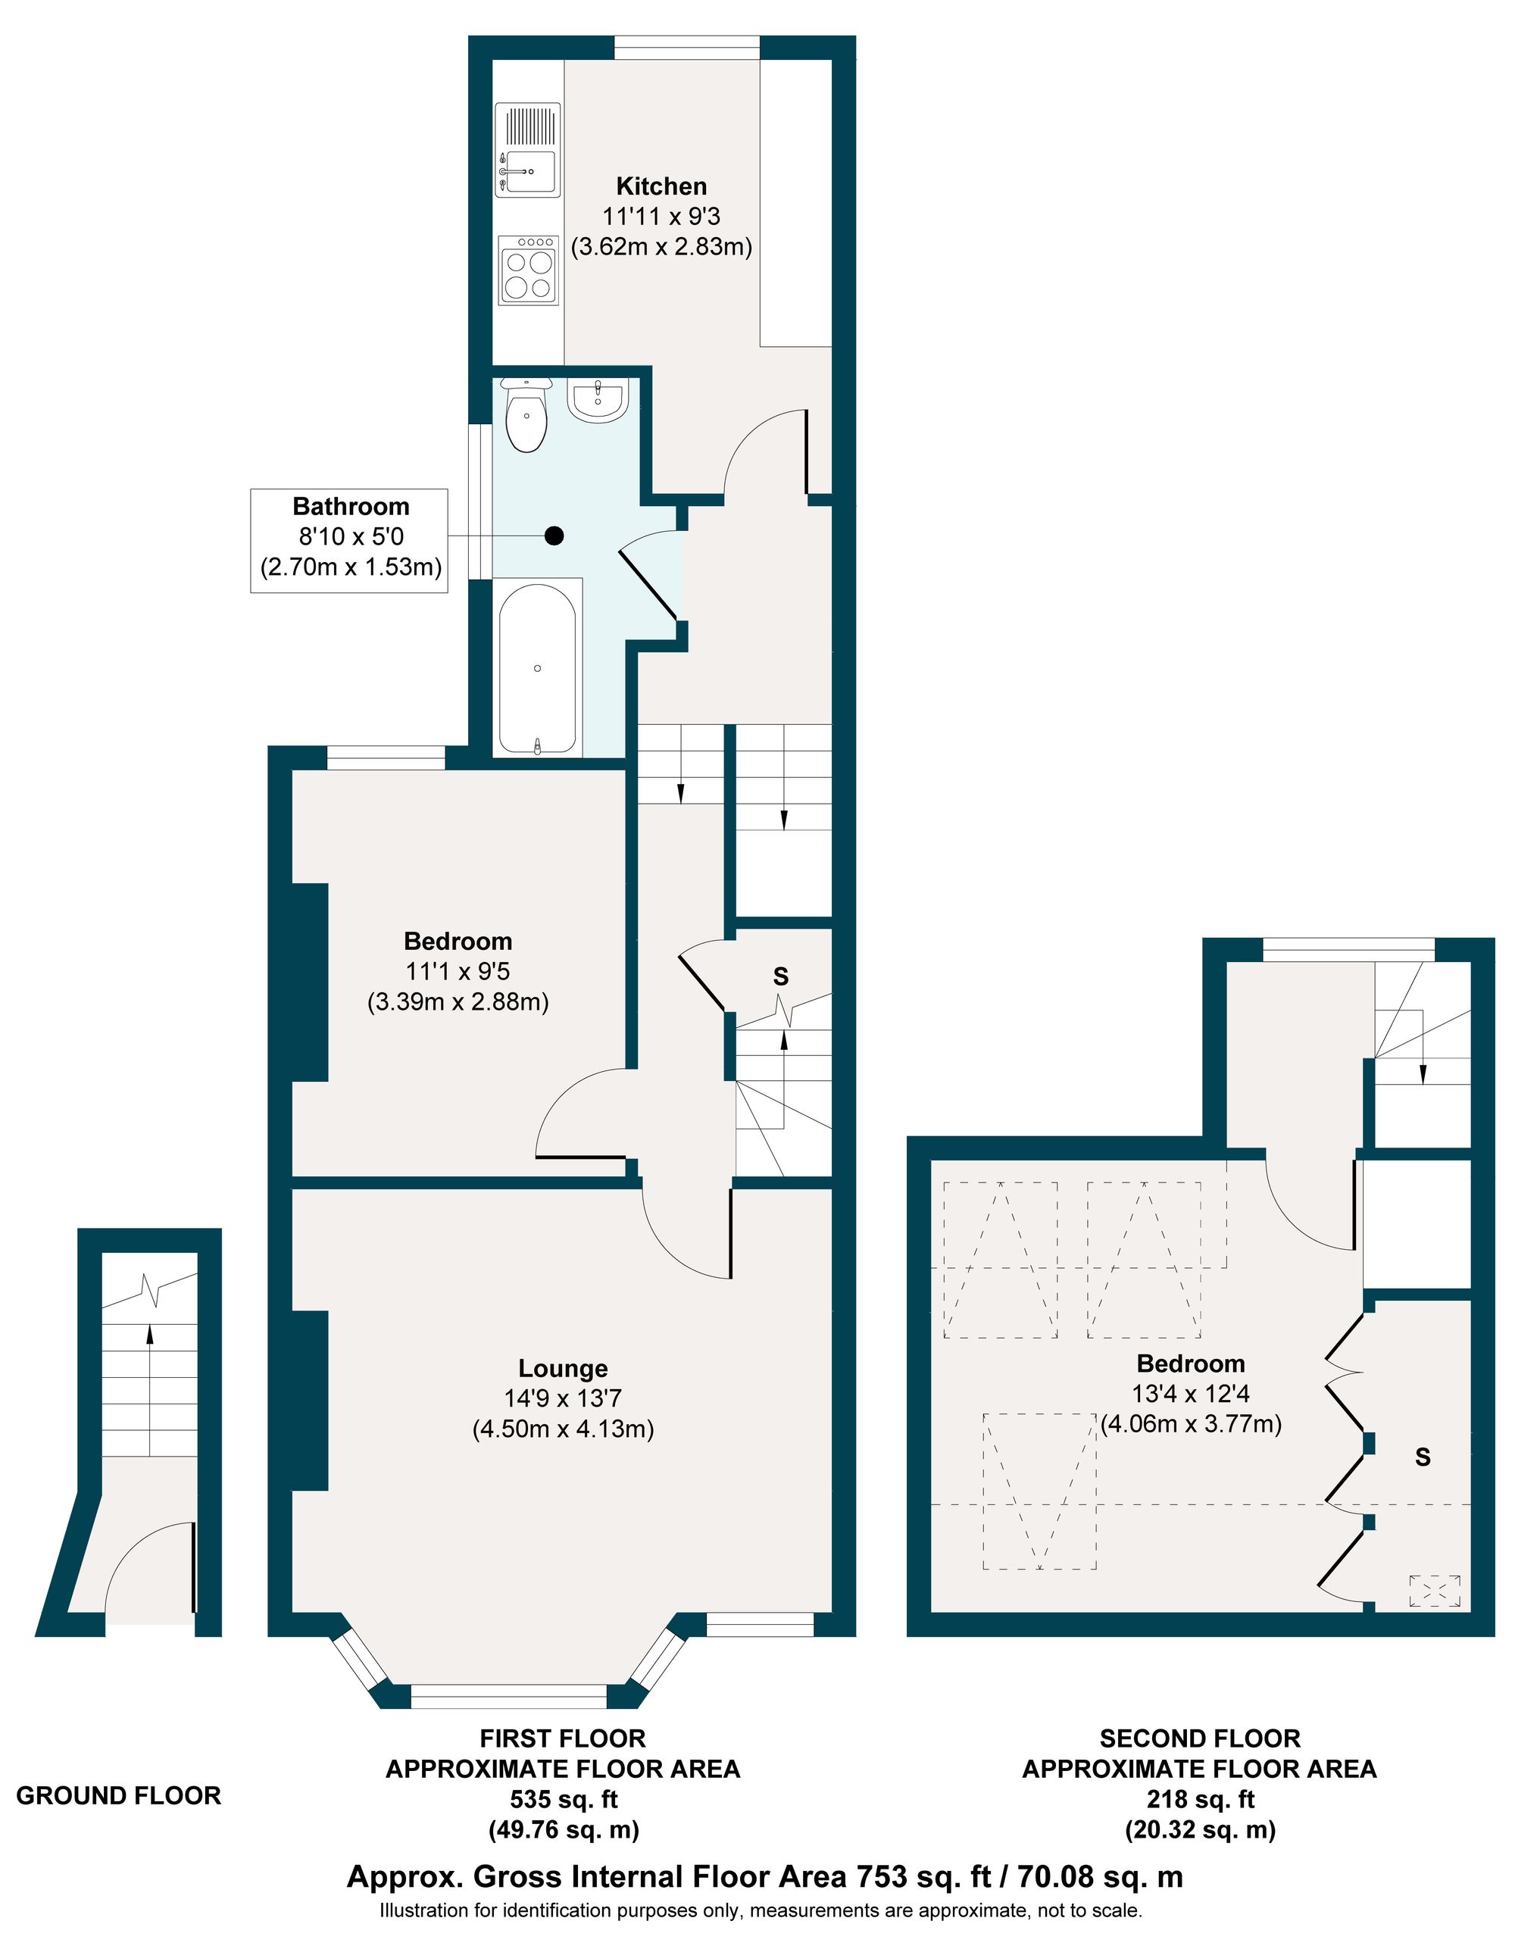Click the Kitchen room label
(x=661, y=186)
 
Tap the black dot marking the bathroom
(x=554, y=536)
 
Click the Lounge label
(x=564, y=1369)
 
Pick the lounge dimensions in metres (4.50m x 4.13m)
(x=564, y=1429)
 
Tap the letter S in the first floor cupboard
(x=781, y=976)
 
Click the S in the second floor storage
(x=1423, y=1457)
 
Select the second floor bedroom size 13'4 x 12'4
(x=1191, y=1394)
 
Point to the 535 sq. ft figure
(x=564, y=1799)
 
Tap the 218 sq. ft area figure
(x=1200, y=1799)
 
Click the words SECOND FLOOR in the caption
(x=1200, y=1738)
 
